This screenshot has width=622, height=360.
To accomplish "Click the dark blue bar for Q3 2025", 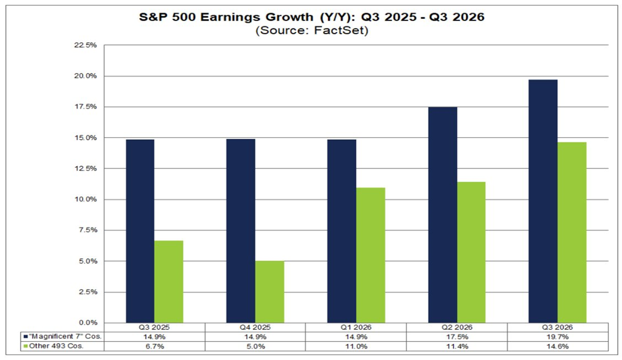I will [x=140, y=231].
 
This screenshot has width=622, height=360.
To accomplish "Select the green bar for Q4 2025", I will [x=270, y=292].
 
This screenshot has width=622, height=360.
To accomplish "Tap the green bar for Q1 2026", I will [x=370, y=255].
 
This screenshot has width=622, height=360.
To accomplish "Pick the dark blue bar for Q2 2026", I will [x=442, y=215].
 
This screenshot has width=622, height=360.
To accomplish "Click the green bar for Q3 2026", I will [x=571, y=232].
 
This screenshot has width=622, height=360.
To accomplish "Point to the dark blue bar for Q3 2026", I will [x=543, y=201].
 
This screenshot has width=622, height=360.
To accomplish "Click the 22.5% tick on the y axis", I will [x=84, y=45].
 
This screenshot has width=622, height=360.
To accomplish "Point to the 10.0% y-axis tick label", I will [x=84, y=199].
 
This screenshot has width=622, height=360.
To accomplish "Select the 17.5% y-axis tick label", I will [x=84, y=107].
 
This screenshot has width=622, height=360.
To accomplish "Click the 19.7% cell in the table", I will [x=557, y=337].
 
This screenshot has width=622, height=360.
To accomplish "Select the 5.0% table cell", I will [x=255, y=346].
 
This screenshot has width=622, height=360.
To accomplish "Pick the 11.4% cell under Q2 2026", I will [x=456, y=346].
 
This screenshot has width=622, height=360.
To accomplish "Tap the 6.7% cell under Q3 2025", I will [x=154, y=346].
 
